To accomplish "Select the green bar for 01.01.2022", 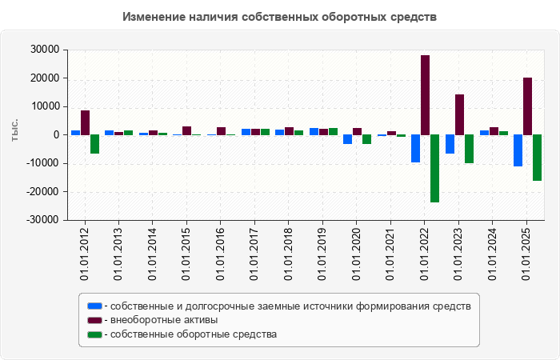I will (434, 168).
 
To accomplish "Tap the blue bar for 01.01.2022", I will (415, 148).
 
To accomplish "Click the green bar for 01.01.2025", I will (537, 158).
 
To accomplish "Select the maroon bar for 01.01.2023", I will (459, 114).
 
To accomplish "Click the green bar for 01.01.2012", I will (94, 144).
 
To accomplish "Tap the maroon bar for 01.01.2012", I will (85, 122).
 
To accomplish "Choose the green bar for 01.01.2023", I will (469, 149).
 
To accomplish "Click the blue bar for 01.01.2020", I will (347, 139).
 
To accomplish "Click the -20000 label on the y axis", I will (43, 191).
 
